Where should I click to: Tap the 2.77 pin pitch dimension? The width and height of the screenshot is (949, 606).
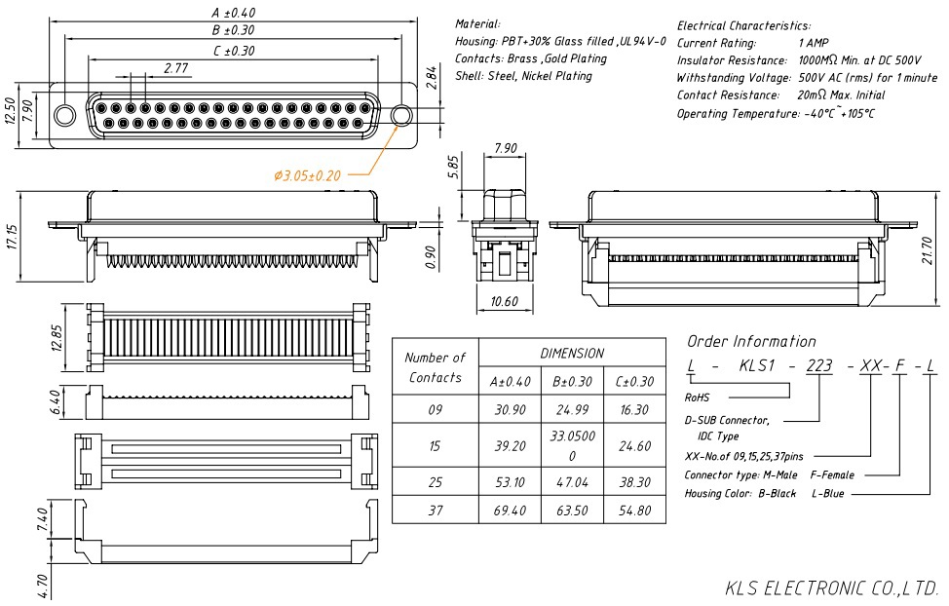(x=176, y=68)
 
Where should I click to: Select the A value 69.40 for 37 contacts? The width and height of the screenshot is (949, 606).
(x=511, y=510)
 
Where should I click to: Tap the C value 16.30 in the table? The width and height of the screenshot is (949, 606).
(x=633, y=410)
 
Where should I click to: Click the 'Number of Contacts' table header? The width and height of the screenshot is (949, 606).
(x=435, y=367)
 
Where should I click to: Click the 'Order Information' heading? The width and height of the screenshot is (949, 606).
(x=751, y=341)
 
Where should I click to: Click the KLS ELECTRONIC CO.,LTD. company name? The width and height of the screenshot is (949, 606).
(x=831, y=588)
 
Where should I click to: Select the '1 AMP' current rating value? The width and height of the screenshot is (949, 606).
(x=814, y=43)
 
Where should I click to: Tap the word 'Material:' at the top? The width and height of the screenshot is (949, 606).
(x=477, y=23)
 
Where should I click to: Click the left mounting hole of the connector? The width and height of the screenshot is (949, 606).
(x=64, y=116)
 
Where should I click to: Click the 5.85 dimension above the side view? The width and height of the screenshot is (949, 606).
(x=454, y=166)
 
